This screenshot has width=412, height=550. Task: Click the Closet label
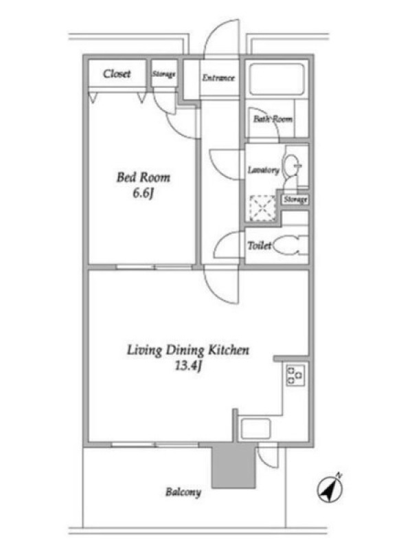click(117, 74)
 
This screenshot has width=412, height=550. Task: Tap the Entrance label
click(218, 78)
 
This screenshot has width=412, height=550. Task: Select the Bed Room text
click(144, 177)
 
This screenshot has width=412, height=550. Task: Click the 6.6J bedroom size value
click(144, 193)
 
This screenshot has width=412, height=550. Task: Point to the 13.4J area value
click(188, 366)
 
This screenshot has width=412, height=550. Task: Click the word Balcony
click(183, 492)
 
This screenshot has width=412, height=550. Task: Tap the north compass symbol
click(330, 488)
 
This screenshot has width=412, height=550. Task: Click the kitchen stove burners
click(295, 375)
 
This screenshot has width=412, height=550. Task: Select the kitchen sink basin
click(255, 428)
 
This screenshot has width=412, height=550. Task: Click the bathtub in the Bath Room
click(277, 79)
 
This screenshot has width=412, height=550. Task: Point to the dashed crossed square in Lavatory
click(262, 208)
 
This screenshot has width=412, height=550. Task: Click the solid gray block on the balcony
click(233, 465)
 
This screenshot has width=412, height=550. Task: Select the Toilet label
click(260, 245)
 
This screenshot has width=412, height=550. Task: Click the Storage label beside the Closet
click(163, 74)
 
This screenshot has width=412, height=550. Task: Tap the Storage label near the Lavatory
click(296, 199)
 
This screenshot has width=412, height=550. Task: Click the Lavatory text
click(264, 170)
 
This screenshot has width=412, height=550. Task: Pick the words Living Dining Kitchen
click(188, 350)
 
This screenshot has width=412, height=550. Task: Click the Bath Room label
click(273, 119)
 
